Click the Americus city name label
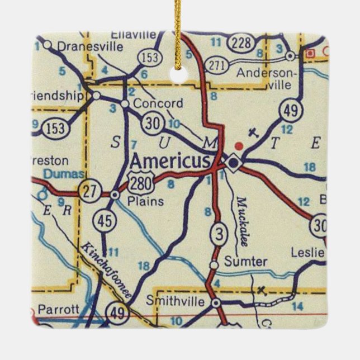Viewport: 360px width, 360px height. point(170,161)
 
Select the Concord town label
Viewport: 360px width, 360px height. point(158,103)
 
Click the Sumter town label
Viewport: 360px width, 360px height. point(246,261)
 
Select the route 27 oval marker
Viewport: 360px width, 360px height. point(89,191)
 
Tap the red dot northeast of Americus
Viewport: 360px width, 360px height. point(239,146)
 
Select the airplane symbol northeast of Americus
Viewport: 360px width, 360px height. point(254,134)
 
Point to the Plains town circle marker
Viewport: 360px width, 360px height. point(115,195)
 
